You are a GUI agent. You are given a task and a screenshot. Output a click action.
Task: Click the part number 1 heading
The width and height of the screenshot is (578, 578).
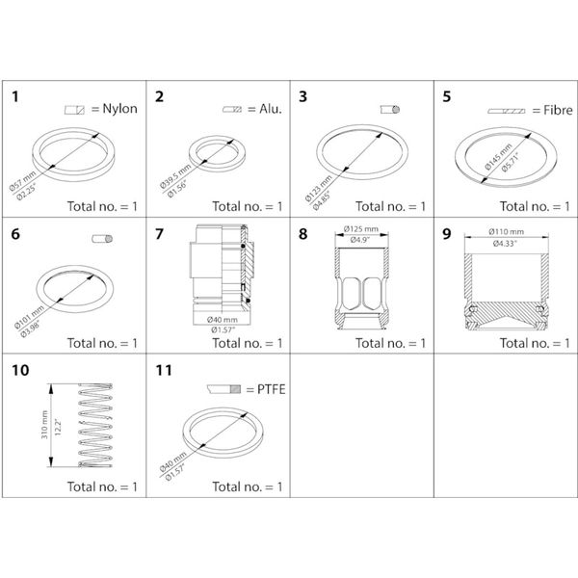pos(17,96)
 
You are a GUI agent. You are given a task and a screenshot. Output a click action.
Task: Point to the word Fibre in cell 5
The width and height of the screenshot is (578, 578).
pos(546,110)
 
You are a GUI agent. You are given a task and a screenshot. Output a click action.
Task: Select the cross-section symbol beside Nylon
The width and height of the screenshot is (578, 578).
pos(74,110)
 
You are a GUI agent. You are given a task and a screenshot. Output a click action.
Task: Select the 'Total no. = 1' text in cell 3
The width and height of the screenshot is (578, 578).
pos(390,206)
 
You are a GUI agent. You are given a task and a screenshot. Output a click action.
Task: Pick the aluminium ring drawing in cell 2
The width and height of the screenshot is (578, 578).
pos(219,150)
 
